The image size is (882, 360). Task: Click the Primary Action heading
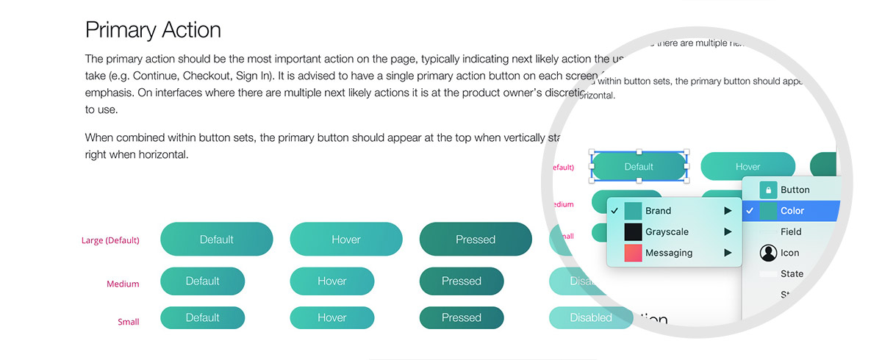[x=153, y=30]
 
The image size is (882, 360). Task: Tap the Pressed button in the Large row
[x=475, y=240]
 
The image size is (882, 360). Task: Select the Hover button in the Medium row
[x=331, y=281]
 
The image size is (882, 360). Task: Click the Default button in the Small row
[x=202, y=318]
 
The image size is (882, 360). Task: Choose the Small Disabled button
[x=590, y=318]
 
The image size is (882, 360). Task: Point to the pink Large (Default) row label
[x=110, y=240]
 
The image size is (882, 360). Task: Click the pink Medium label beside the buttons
[x=122, y=284]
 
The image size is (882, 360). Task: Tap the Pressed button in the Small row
[x=461, y=318]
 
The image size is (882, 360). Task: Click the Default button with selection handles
[x=639, y=167]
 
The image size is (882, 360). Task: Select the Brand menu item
[x=658, y=211]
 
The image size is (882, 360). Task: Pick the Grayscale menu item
[x=667, y=232]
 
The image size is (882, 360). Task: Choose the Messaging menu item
[x=669, y=253]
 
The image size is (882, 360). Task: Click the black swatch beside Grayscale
[x=634, y=232]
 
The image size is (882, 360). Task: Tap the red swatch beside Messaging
[x=634, y=253]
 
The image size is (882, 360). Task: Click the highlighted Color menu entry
[x=792, y=211]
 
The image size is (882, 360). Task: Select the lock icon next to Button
[x=768, y=190]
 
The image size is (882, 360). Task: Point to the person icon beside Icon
[x=768, y=253]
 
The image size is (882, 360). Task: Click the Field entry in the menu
[x=791, y=232]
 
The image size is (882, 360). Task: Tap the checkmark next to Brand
[x=614, y=211]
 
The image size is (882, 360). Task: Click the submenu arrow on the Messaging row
[x=728, y=253]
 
